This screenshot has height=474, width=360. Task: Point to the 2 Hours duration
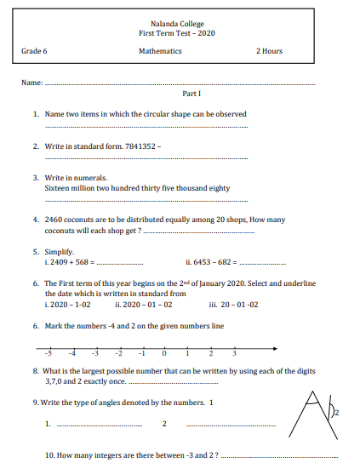[269, 51]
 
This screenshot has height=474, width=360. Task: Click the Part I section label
[191, 94]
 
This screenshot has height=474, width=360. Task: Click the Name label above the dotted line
[31, 83]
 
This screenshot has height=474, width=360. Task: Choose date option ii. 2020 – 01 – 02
[144, 303]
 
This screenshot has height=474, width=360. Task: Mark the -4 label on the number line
[72, 354]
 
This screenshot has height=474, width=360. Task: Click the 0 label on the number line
[163, 354]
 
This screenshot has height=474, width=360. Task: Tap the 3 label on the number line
[234, 354]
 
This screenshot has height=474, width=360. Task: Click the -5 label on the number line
[49, 354]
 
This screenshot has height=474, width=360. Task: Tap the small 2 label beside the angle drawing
[336, 413]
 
